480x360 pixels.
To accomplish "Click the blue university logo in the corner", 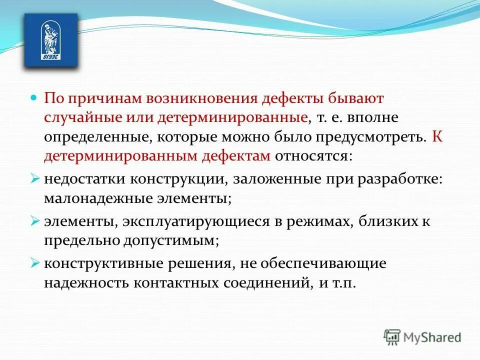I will pyautogui.click(x=51, y=40).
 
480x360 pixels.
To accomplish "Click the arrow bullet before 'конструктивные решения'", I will pyautogui.click(x=35, y=261).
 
